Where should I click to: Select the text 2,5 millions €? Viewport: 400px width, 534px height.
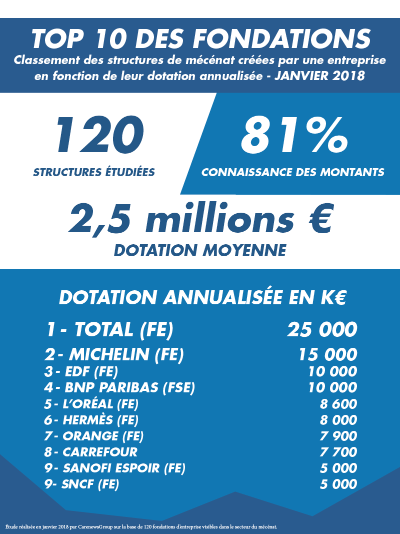pos(200,218)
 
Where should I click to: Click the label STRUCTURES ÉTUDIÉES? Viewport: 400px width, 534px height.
pos(94,173)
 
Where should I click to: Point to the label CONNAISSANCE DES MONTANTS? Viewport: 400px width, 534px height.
pos(293,173)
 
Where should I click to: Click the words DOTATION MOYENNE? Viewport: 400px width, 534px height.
pos(200,250)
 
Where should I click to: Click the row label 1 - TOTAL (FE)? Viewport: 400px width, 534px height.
pos(109,329)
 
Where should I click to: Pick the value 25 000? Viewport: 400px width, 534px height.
pos(322,329)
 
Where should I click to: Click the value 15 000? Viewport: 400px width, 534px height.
pos(327,355)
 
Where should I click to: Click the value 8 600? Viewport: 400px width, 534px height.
pos(338,404)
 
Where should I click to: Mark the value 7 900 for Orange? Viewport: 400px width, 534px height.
pos(338,436)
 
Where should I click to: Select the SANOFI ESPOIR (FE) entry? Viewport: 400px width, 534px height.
pos(114,468)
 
